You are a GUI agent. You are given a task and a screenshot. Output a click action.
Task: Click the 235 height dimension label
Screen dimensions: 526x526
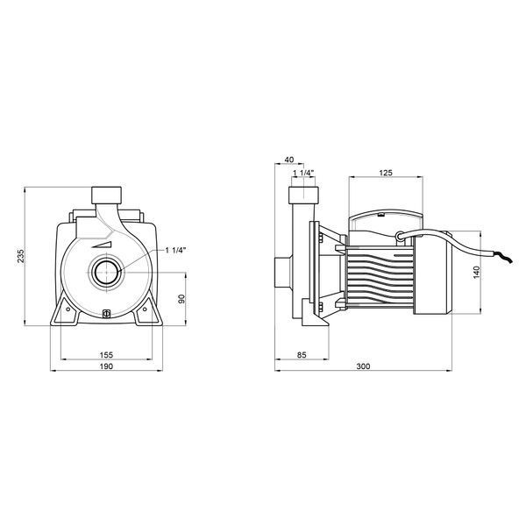pos(21,257)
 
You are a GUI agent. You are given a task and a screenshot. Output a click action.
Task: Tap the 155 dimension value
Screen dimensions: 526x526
pos(106,354)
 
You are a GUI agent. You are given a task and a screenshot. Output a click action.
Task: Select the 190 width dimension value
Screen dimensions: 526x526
pos(106,366)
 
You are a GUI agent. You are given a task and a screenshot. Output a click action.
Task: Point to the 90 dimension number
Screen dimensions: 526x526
pos(181,299)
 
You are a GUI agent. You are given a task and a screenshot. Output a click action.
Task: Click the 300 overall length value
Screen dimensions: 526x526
pos(363,366)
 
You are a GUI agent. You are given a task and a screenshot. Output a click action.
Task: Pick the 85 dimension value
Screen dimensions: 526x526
pos(302,354)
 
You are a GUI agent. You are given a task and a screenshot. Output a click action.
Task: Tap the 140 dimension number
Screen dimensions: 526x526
pos(476,272)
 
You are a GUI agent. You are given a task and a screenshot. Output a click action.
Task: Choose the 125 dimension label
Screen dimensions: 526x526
pos(386,173)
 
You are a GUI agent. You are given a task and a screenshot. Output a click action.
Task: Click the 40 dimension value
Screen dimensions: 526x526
pos(289,160)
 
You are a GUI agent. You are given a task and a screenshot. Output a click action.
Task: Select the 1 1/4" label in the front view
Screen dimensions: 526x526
pos(175,250)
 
